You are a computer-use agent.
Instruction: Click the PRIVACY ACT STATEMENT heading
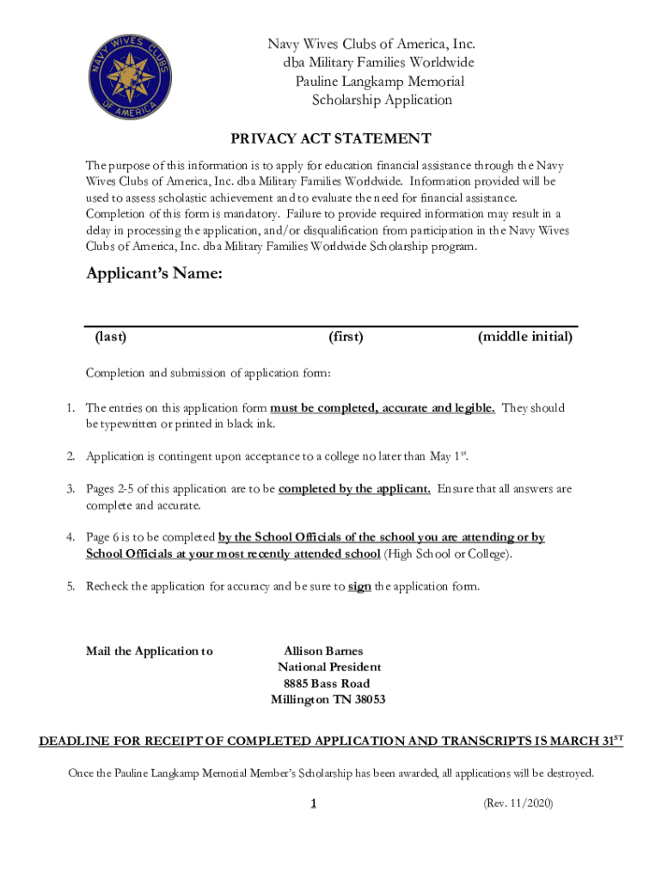click(x=330, y=138)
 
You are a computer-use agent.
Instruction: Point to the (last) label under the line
click(x=111, y=337)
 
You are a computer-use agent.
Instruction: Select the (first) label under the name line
click(x=346, y=337)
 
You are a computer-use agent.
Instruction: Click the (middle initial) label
click(x=524, y=337)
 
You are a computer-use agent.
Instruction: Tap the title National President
click(x=329, y=667)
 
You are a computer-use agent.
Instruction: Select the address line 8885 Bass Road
click(x=327, y=683)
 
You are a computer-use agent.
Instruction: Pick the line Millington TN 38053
click(x=328, y=700)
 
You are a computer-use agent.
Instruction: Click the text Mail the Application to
click(x=150, y=651)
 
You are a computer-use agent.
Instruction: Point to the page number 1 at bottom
click(x=315, y=804)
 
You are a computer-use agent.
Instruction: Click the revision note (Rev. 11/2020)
click(x=518, y=804)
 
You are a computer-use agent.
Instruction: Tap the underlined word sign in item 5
click(x=359, y=587)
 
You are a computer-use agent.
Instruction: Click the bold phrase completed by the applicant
click(x=355, y=489)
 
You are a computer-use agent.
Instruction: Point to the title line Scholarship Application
click(x=381, y=100)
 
